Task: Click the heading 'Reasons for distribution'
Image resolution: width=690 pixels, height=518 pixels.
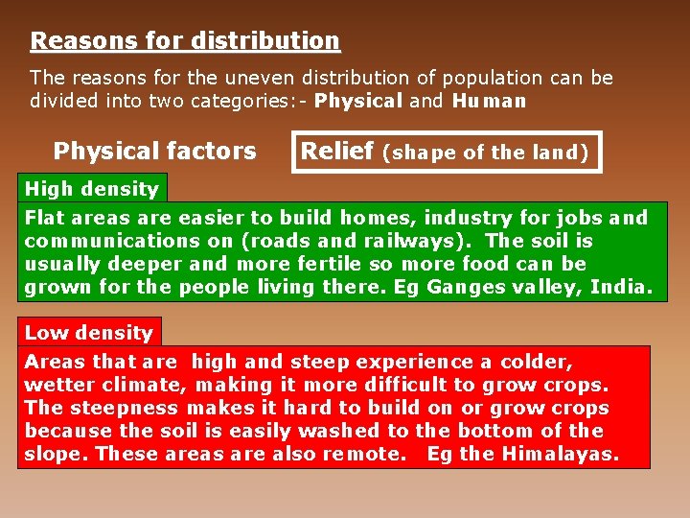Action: (185, 41)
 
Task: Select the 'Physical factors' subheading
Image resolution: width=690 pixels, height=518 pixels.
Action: (154, 152)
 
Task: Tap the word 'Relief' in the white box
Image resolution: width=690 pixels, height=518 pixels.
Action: (337, 151)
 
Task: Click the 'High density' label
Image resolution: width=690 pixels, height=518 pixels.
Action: (91, 189)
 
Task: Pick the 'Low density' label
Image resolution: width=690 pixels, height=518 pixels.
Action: (88, 333)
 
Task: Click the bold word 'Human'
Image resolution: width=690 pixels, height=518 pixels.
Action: (489, 101)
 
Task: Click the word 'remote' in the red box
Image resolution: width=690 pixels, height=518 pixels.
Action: (367, 454)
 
